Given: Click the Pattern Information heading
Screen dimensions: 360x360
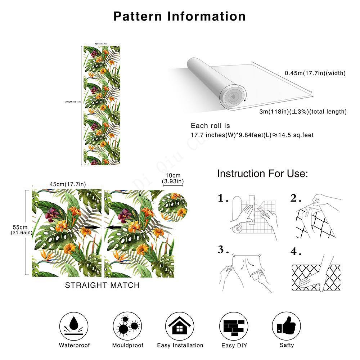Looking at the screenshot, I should tap(180, 16).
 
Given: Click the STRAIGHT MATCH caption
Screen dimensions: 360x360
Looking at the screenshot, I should tap(102, 285).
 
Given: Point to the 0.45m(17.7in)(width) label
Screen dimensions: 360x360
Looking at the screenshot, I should tap(315, 73).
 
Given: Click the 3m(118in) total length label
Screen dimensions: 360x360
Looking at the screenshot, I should tap(303, 112).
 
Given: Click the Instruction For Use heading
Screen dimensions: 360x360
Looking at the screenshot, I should tap(262, 174).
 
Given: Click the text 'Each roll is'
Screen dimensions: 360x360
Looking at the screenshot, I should tap(210, 126).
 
